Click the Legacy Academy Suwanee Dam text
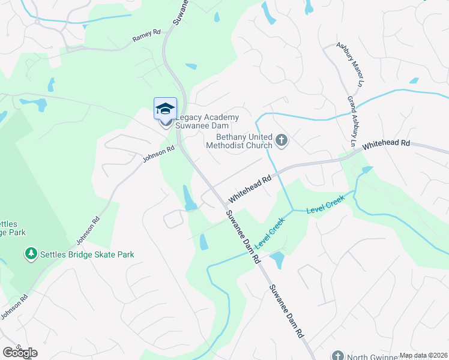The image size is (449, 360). tap(206, 121)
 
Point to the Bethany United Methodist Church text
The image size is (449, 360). tap(239, 141)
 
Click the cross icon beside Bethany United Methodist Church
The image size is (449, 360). tap(282, 142)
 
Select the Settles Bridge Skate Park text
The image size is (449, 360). tap(87, 254)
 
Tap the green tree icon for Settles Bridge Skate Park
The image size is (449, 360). tap(31, 254)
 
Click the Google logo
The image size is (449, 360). tap(20, 353)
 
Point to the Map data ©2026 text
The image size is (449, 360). tap(423, 355)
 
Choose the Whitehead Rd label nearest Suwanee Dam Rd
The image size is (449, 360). tap(249, 188)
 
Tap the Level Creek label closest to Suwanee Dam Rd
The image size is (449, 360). tap(270, 233)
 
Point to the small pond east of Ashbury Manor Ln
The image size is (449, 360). tap(414, 80)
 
